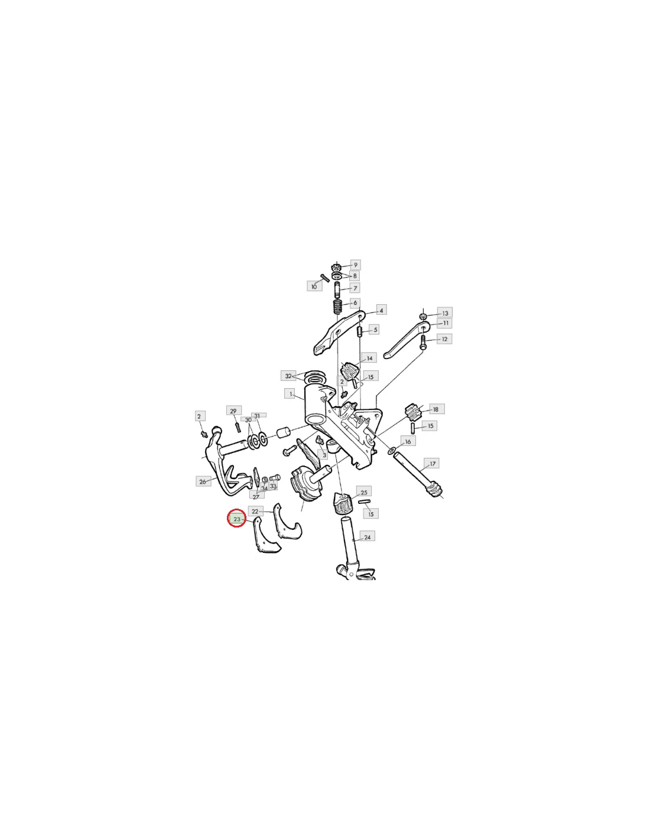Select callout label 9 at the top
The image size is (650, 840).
tap(355, 265)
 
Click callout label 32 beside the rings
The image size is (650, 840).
tap(288, 376)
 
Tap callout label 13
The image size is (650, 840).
tap(445, 313)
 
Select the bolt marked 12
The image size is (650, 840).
tap(422, 343)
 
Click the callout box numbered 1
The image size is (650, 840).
tap(290, 394)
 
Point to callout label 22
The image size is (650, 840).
tap(255, 511)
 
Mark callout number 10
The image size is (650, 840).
tap(314, 286)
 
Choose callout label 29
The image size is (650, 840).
tap(233, 411)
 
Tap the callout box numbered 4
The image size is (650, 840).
tap(381, 310)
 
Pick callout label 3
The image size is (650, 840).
tap(324, 455)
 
